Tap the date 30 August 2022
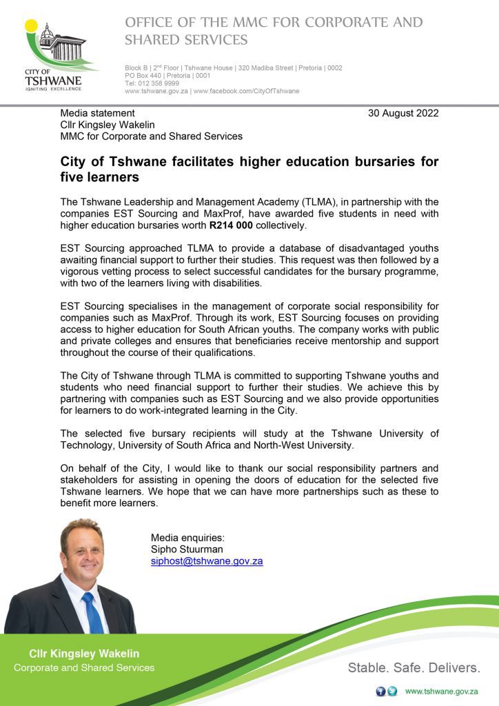pyautogui.click(x=403, y=113)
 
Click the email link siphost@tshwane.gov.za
pyautogui.click(x=207, y=561)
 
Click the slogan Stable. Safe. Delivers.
pyautogui.click(x=414, y=667)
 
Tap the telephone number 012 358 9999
pyautogui.click(x=158, y=83)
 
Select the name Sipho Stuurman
pyautogui.click(x=187, y=549)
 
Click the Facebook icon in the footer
pyautogui.click(x=380, y=692)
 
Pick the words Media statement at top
pyautogui.click(x=97, y=113)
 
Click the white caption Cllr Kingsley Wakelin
pyautogui.click(x=84, y=654)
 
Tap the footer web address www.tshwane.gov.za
pyautogui.click(x=441, y=692)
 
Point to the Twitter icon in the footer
pyautogui.click(x=392, y=692)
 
